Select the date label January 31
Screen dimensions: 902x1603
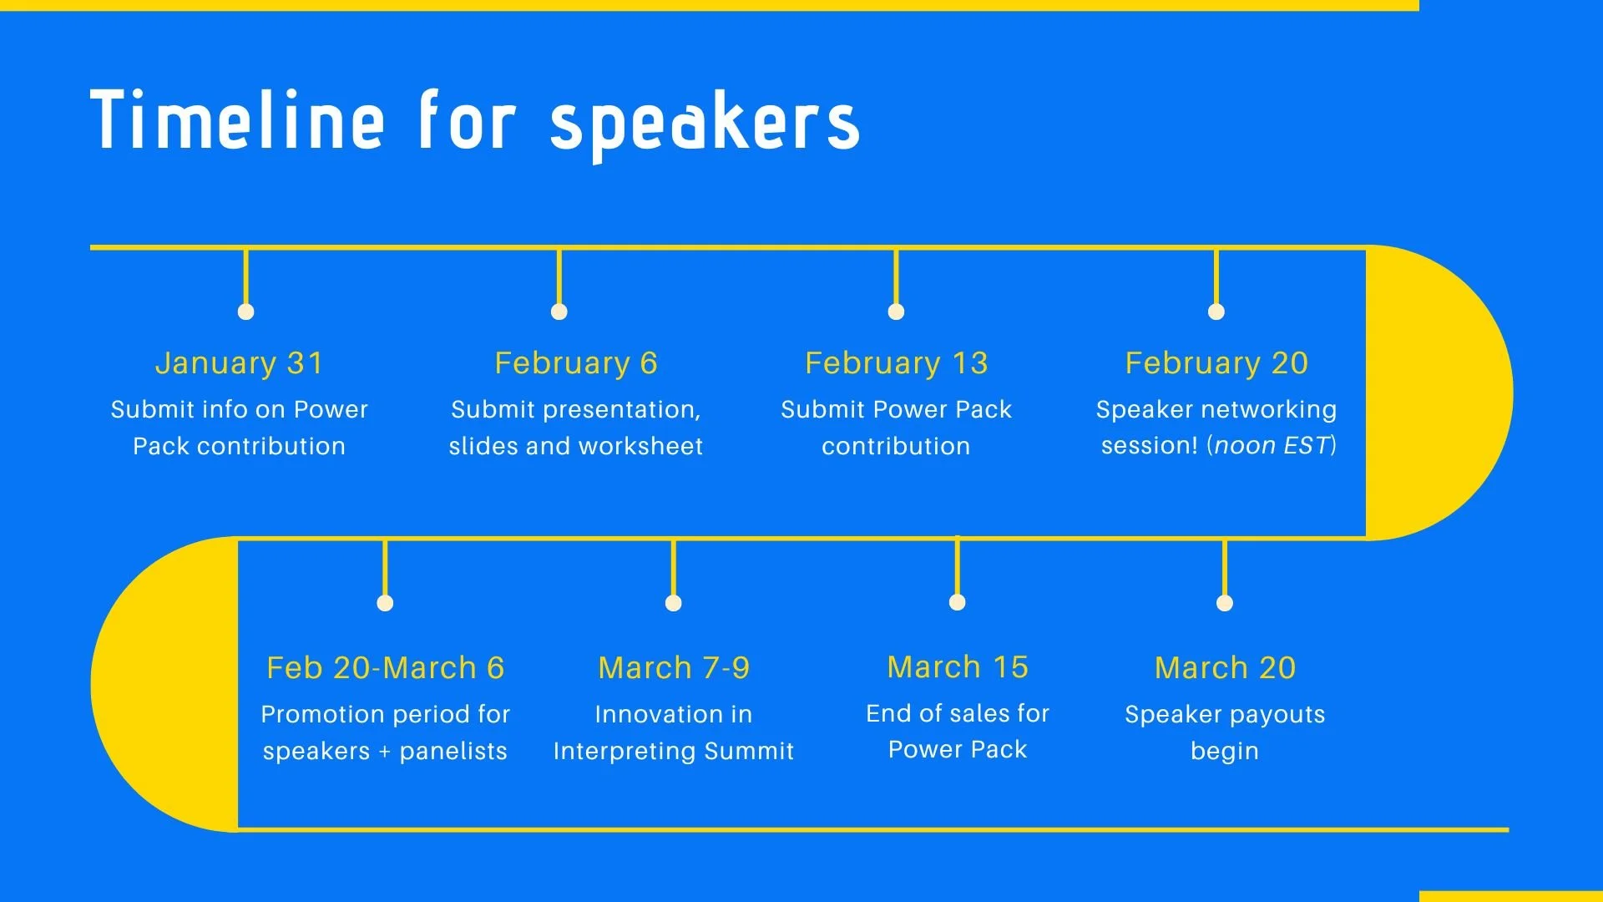pos(239,363)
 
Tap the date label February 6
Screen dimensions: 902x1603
pos(576,363)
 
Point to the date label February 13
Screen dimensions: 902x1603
pos(896,363)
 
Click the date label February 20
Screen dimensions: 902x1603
pos(1216,363)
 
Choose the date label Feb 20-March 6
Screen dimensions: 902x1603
pos(385,668)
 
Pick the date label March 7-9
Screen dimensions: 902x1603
pos(674,668)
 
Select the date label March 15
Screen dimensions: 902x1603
pos(958,667)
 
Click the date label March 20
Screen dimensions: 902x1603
pos(1225,668)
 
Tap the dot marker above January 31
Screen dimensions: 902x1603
pos(245,312)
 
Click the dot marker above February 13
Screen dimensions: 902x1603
pos(896,312)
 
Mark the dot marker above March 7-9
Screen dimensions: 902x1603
pos(674,603)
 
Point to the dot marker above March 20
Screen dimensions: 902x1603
pos(1225,603)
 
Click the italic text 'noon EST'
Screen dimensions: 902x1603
pos(1271,446)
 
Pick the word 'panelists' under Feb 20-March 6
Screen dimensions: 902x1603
pos(453,751)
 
